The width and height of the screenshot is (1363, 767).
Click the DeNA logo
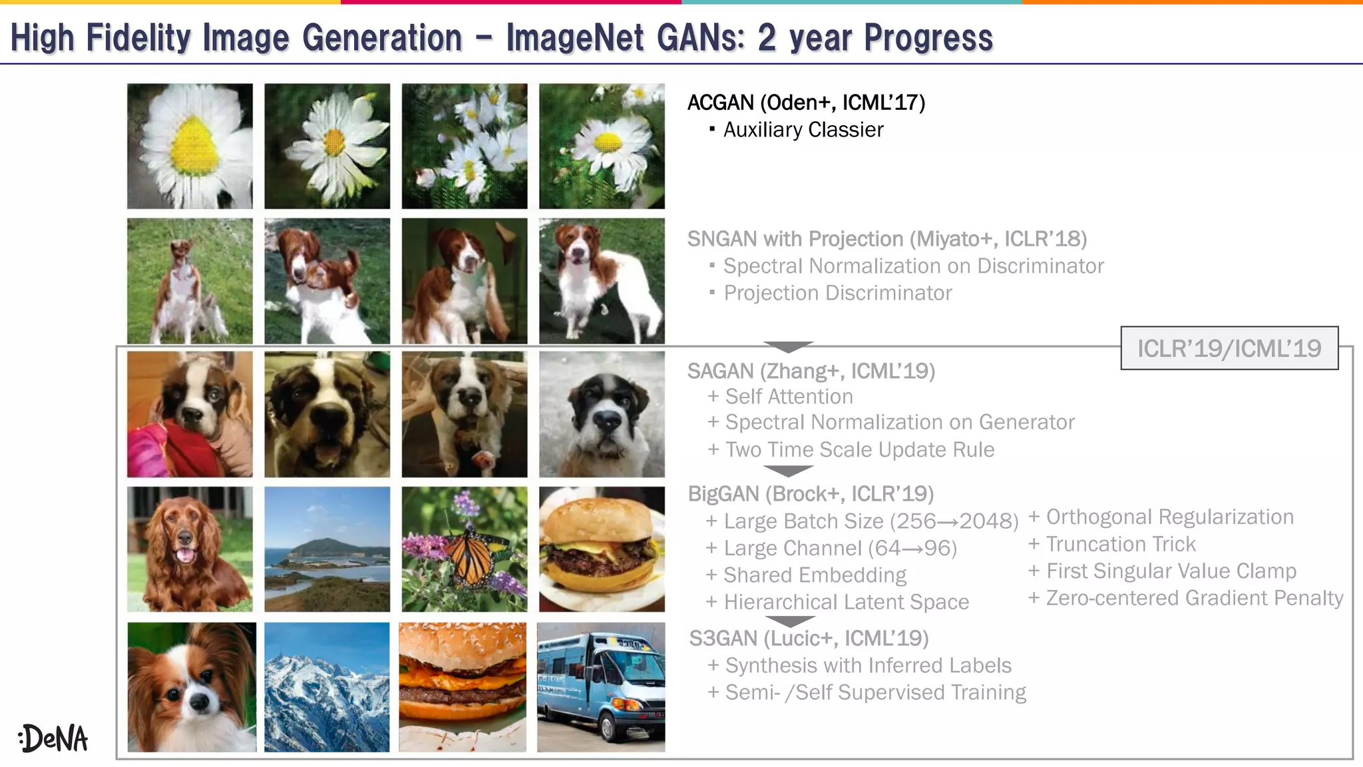(53, 738)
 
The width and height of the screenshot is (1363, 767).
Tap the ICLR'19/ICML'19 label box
(1229, 348)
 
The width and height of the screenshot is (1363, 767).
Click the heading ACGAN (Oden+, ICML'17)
(806, 103)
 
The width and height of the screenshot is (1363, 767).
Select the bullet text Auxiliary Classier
(803, 130)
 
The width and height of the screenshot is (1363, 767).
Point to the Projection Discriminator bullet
(837, 293)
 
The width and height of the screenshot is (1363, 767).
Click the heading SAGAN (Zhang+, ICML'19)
(811, 371)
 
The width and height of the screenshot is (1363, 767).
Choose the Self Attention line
(789, 397)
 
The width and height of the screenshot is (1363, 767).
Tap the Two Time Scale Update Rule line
(859, 450)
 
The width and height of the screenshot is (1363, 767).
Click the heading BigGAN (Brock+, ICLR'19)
(811, 494)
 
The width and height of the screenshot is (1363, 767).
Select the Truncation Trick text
(1121, 545)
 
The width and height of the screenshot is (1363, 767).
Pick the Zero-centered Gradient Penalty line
(1194, 599)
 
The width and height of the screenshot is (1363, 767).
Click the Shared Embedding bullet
(815, 575)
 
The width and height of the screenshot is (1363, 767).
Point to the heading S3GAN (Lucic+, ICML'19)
(809, 639)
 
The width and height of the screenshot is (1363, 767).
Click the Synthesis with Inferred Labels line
(868, 666)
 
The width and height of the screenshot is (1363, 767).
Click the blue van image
(600, 687)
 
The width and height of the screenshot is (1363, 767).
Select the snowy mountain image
(327, 687)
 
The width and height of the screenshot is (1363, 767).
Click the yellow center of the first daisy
(194, 145)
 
